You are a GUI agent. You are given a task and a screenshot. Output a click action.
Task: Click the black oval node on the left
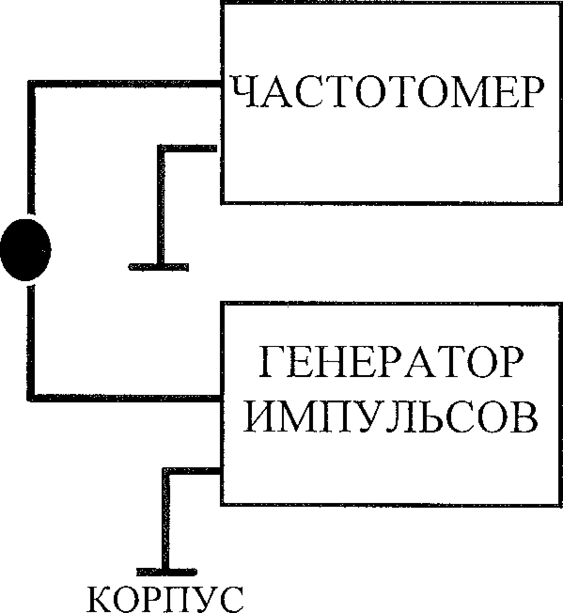click(26, 249)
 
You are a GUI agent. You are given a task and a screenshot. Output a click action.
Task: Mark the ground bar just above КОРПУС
click(166, 572)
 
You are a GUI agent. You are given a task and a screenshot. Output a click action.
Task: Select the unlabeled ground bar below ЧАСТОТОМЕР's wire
click(159, 267)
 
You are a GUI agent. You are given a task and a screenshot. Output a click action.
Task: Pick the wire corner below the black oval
click(31, 397)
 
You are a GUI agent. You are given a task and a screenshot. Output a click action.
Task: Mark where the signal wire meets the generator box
click(221, 398)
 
